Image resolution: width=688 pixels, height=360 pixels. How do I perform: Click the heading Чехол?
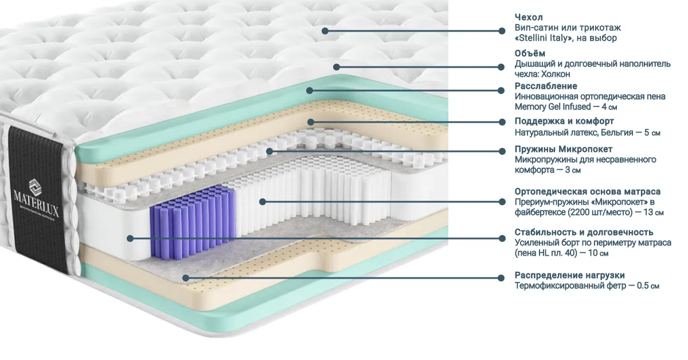click(529, 17)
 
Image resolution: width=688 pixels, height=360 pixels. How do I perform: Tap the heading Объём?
click(530, 53)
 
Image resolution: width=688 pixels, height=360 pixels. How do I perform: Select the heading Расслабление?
click(546, 86)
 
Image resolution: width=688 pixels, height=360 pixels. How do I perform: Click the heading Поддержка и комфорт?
click(564, 122)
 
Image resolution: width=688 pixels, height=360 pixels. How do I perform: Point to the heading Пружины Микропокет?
click(564, 149)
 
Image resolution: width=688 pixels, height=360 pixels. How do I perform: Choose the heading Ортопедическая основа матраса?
click(588, 191)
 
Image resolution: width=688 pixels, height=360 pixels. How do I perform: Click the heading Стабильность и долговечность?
click(584, 232)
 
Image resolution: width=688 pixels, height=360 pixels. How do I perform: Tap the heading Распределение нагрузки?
click(570, 275)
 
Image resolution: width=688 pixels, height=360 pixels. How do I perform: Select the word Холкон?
click(556, 74)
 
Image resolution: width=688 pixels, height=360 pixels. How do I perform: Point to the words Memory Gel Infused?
click(553, 107)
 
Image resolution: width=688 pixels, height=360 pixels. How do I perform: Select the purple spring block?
click(192, 222)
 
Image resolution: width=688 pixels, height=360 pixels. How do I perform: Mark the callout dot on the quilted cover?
click(325, 31)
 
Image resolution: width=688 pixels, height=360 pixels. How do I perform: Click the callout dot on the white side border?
click(130, 238)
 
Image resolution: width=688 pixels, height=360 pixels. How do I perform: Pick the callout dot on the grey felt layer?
click(186, 277)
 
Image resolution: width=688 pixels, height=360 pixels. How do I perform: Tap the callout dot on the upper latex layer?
click(311, 122)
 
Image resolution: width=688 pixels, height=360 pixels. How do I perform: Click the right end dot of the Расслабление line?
click(501, 91)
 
